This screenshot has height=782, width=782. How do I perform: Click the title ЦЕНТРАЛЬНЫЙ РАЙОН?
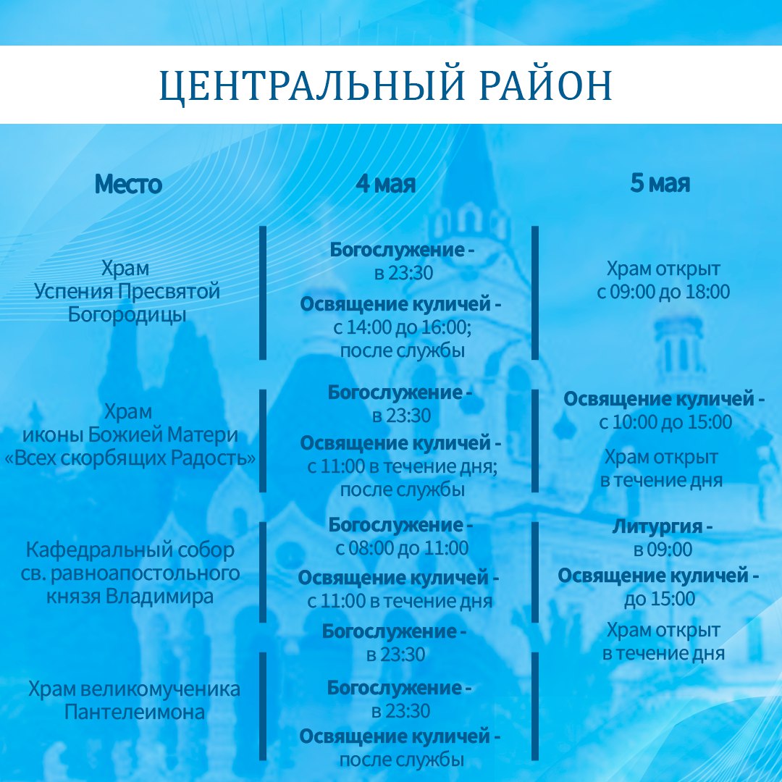point(385,86)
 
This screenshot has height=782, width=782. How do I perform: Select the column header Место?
point(128,184)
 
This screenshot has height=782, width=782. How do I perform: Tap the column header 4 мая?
point(385,183)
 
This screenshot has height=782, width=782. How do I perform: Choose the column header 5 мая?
point(660,183)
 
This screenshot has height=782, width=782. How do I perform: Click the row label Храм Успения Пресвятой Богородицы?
point(127,291)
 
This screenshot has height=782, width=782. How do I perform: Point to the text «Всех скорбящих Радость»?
point(130,458)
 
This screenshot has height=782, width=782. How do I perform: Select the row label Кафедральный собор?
point(130,550)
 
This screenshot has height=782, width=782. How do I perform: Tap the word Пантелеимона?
point(134,712)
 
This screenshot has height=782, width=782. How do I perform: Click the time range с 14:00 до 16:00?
point(403,327)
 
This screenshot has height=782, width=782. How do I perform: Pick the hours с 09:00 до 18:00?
point(663,292)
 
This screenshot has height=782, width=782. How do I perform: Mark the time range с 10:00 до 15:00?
point(665,422)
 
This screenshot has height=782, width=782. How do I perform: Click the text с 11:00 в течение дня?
point(403,466)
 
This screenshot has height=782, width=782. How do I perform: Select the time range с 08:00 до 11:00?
point(402,548)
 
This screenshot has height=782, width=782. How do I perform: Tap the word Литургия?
point(657,527)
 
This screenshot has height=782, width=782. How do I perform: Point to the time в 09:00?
point(663,550)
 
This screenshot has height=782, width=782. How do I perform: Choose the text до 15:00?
point(660,599)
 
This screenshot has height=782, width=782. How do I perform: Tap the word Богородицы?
point(127,315)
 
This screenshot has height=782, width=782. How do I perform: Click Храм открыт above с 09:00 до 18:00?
point(663,269)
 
